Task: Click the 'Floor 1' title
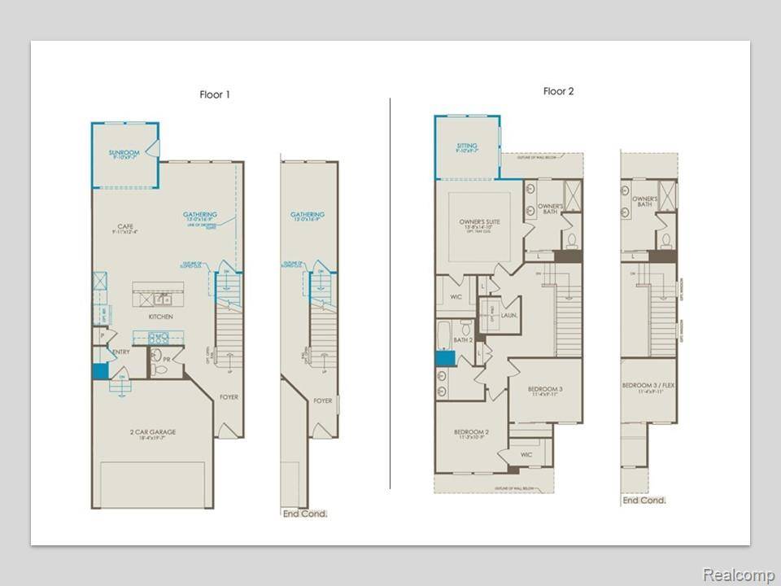coord(215,94)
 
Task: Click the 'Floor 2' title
coord(558,91)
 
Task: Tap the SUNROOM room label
coord(124,152)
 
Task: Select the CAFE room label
coord(124,227)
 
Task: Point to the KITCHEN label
coord(159,316)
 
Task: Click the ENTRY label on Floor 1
coord(120,352)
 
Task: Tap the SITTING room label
coord(467,146)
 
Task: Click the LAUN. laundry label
coord(510,314)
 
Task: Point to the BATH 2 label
coord(464,339)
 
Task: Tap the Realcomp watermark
coord(739,575)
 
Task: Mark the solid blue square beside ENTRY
coord(99,371)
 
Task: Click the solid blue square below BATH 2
coord(445,358)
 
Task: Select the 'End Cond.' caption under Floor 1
coord(304,514)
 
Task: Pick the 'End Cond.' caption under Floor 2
coord(644,500)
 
